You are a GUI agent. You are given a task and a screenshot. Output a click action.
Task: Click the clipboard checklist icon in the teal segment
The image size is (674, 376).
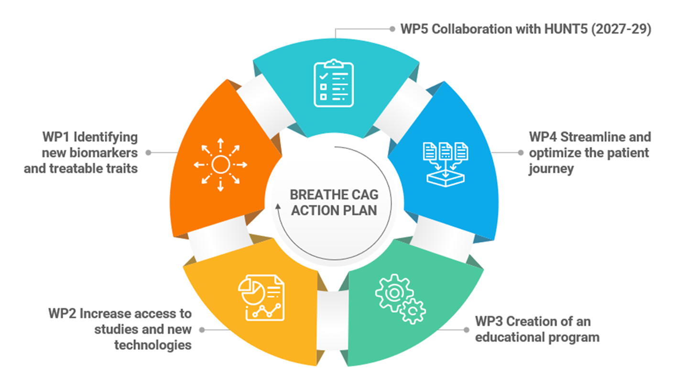(334, 84)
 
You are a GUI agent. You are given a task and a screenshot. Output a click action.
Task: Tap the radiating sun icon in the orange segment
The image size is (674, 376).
(220, 165)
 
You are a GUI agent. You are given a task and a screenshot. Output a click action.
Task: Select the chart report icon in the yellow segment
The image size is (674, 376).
(261, 297)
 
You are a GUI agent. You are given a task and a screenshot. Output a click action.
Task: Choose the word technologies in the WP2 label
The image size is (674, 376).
(153, 344)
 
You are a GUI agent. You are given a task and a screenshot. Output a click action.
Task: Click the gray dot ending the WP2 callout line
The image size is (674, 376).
(202, 330)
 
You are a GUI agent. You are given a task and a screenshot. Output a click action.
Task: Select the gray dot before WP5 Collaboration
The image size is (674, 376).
(391, 29)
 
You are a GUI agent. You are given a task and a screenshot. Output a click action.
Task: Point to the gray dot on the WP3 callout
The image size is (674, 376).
(467, 330)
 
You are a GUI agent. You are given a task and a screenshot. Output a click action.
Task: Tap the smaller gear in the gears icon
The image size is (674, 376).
(412, 312)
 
